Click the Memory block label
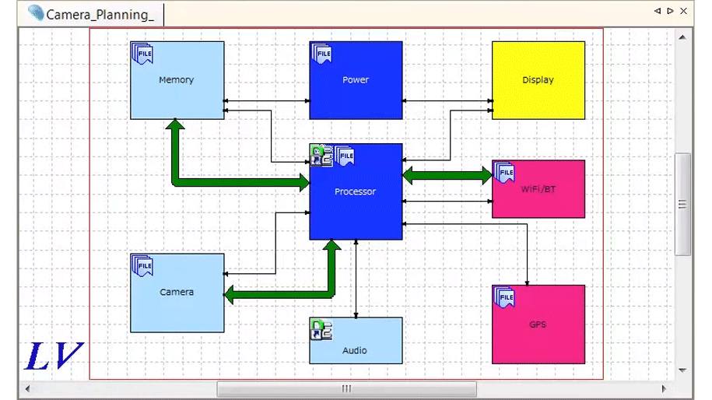click(177, 80)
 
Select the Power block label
click(356, 80)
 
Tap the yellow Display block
click(538, 80)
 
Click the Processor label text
click(356, 191)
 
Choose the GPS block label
click(538, 325)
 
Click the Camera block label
click(177, 293)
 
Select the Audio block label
click(356, 350)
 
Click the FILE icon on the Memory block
click(142, 53)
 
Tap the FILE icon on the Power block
click(322, 53)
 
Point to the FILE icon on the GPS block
click(504, 297)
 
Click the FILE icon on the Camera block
click(142, 265)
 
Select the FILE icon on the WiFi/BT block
click(504, 172)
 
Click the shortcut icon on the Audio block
click(321, 329)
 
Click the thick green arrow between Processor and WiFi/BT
click(447, 176)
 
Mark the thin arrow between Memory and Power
click(266, 101)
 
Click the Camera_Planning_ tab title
click(100, 14)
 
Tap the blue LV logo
click(53, 356)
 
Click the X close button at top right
click(684, 11)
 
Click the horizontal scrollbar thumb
click(346, 388)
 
